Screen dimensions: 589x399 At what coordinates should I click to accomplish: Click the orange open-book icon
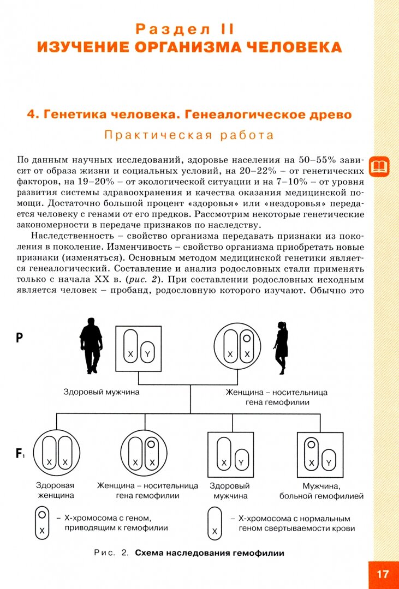click(x=379, y=166)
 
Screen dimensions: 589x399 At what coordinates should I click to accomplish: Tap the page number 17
click(x=383, y=574)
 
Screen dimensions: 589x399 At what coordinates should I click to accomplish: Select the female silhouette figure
click(x=282, y=348)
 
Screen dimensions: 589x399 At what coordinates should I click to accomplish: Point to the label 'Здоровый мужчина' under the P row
click(x=102, y=392)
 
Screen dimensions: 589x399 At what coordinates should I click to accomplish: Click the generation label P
click(x=19, y=338)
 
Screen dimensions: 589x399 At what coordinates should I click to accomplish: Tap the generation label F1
click(x=20, y=453)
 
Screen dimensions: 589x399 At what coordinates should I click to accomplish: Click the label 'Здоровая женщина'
click(x=55, y=490)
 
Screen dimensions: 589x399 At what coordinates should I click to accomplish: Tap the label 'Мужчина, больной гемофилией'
click(x=321, y=490)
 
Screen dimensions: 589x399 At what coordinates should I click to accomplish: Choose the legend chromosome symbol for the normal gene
click(x=215, y=522)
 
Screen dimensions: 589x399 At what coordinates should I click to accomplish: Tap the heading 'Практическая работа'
click(x=189, y=135)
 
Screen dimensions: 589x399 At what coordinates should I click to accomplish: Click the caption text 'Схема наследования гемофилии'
click(x=210, y=553)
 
